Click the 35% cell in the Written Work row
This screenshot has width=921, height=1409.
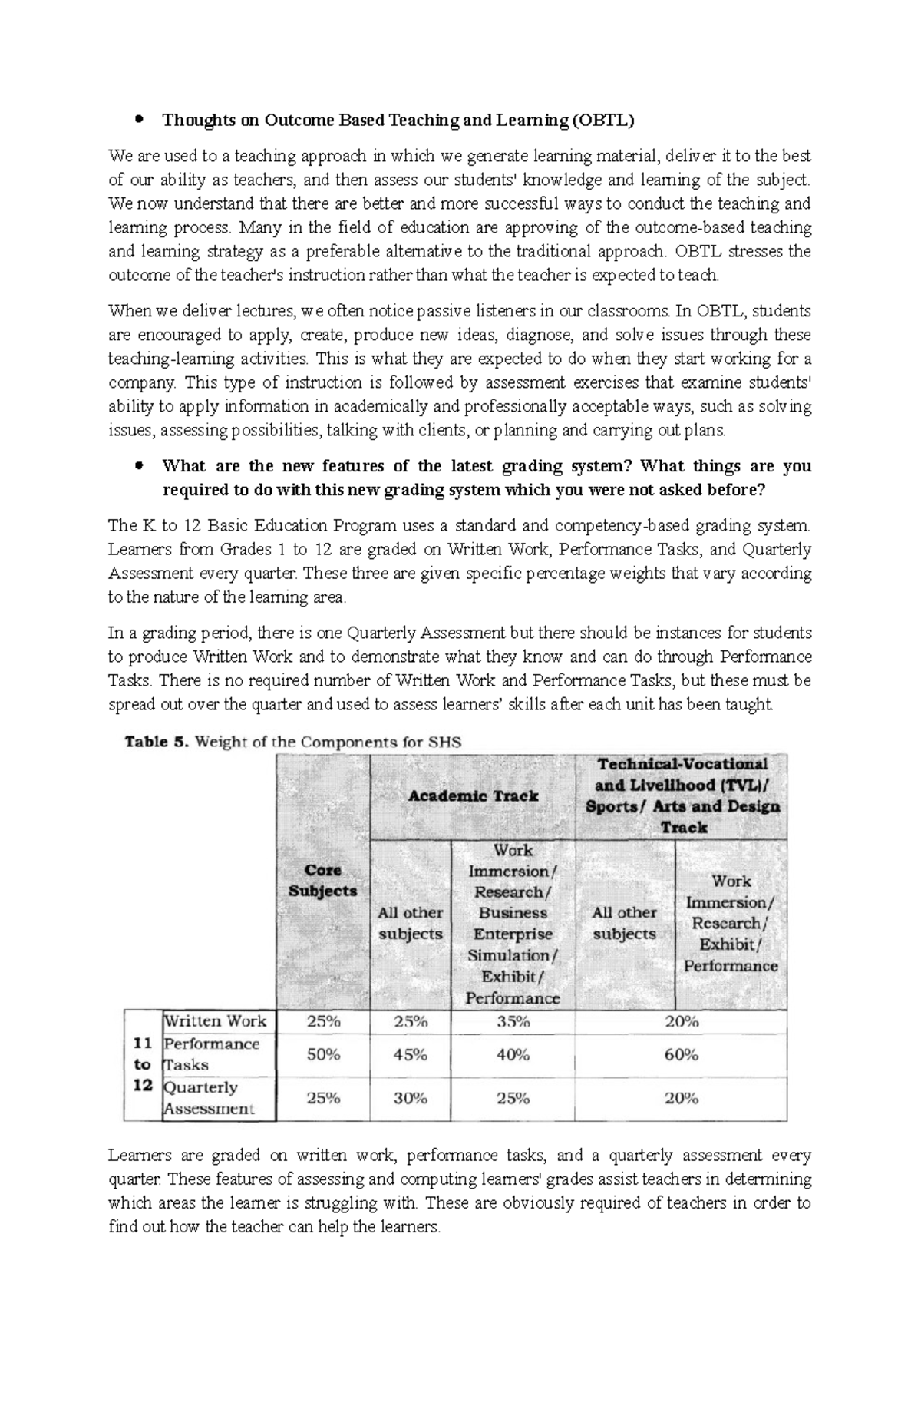click(513, 1021)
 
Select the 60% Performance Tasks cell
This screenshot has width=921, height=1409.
click(681, 1054)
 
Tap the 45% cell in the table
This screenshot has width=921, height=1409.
click(410, 1054)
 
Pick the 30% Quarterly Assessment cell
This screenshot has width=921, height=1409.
click(410, 1099)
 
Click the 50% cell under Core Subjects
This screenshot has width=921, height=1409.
click(323, 1054)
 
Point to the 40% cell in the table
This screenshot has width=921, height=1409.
click(513, 1054)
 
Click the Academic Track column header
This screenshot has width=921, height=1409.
click(472, 796)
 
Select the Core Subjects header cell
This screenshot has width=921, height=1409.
click(323, 881)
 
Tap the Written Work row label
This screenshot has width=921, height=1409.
click(216, 1021)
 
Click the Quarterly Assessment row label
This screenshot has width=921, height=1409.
click(209, 1098)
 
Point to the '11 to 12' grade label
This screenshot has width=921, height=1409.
click(142, 1064)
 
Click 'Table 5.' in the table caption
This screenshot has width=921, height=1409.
click(157, 742)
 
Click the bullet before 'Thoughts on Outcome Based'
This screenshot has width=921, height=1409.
click(139, 120)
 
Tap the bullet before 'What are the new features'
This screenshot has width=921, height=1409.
click(139, 466)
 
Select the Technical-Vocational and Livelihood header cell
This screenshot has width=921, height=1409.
click(682, 795)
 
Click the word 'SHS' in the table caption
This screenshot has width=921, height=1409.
click(447, 742)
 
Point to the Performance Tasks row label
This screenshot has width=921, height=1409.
click(211, 1053)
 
